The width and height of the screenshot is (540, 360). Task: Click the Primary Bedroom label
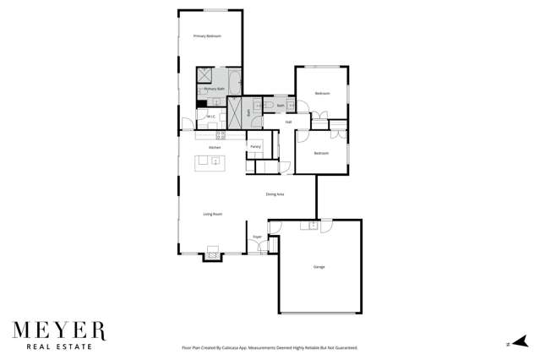point(207,36)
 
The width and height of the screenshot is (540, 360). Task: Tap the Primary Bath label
point(215,88)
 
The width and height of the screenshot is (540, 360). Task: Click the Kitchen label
point(215,148)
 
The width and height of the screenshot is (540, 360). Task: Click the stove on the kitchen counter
point(221,134)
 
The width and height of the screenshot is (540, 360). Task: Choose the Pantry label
point(254,147)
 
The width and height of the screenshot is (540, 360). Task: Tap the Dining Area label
point(275,194)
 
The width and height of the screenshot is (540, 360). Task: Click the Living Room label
point(212,214)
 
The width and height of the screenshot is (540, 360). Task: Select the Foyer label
point(257,237)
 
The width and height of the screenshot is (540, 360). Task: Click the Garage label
point(319,267)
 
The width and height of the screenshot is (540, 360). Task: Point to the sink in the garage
point(313,225)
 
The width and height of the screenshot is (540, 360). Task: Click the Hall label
point(288,122)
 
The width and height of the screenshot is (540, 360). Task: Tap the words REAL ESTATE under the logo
point(58,346)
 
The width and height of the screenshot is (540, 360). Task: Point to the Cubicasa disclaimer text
point(270,347)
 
